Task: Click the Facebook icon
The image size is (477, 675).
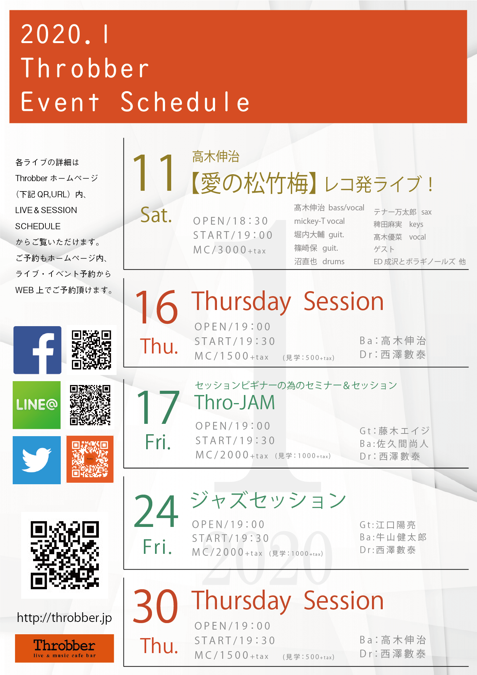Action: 37,350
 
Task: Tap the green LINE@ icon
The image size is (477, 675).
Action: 37,405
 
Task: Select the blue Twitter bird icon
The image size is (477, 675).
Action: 37,460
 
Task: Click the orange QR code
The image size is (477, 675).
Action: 90,459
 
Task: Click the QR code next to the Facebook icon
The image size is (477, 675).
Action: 92,350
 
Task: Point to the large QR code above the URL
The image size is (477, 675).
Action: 65,555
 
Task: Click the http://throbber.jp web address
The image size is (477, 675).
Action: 64,618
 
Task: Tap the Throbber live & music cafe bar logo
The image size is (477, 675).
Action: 64,648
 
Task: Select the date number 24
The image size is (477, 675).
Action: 156,511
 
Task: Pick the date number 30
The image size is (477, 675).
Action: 155,606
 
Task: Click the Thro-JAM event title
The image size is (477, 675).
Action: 235,403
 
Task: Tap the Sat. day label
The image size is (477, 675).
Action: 156,215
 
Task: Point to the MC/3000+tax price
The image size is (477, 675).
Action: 230,250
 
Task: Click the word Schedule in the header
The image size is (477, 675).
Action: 185,102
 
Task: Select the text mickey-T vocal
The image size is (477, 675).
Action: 319,221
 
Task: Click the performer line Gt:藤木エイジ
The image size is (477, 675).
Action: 394,431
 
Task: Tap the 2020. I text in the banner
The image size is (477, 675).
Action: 65,34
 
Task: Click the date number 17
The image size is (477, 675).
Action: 158,407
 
